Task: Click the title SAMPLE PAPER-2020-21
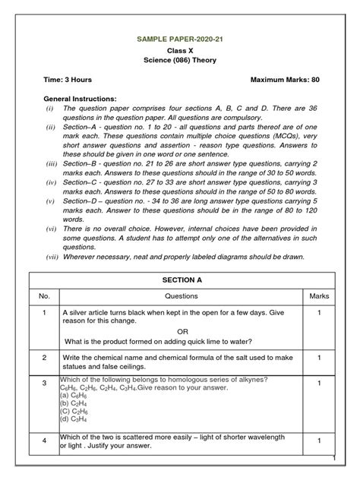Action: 180,36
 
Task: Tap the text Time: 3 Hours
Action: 72,80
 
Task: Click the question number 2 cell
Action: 44,357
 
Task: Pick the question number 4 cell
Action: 44,441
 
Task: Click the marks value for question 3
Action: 320,383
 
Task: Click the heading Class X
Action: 180,49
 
